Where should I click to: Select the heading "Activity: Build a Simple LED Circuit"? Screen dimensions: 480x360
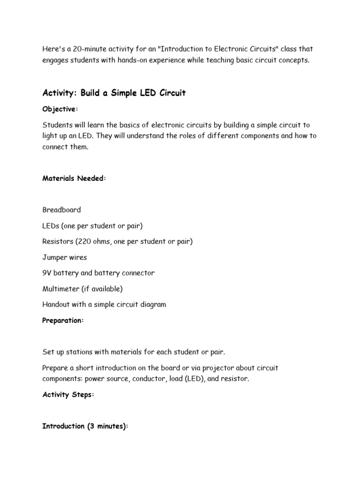pyautogui.click(x=114, y=93)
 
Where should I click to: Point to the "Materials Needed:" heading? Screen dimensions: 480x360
pyautogui.click(x=74, y=178)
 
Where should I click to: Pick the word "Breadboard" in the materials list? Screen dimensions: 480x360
pyautogui.click(x=61, y=210)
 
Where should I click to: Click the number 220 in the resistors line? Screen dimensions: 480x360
pyautogui.click(x=89, y=241)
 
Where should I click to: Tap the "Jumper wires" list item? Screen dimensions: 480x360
pyautogui.click(x=64, y=257)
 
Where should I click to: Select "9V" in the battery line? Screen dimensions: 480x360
pyautogui.click(x=47, y=273)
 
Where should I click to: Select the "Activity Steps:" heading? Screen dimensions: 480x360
pyautogui.click(x=68, y=395)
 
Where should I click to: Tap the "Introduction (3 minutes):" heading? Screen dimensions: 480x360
pyautogui.click(x=85, y=426)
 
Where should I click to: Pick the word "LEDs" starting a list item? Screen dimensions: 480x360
pyautogui.click(x=51, y=226)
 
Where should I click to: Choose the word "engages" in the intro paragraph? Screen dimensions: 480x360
pyautogui.click(x=57, y=60)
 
